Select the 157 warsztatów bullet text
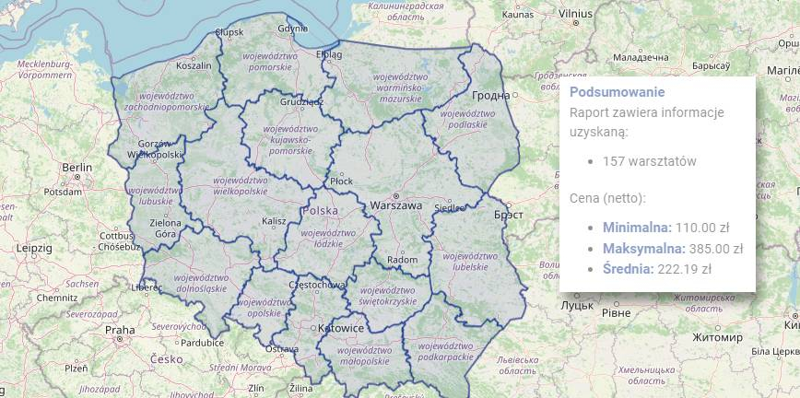[x=649, y=161]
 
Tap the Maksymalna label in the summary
[x=643, y=248]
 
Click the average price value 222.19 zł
[x=684, y=269]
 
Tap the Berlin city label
[x=77, y=167]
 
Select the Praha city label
[x=120, y=329]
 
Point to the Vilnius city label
[x=574, y=15]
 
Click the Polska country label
[x=320, y=211]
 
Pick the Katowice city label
[x=340, y=328]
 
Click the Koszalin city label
[x=194, y=65]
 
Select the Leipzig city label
[x=33, y=248]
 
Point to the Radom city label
[x=402, y=260]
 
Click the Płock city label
[x=341, y=181]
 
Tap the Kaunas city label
[x=519, y=15]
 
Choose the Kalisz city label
[x=274, y=221]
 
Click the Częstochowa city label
[x=315, y=286]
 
